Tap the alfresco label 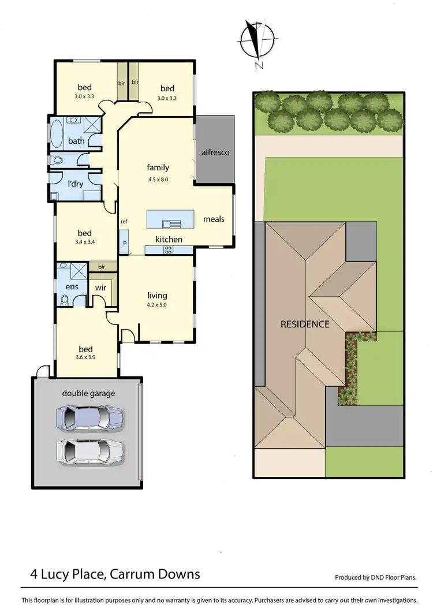coord(215,152)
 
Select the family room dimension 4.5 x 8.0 coord(158,179)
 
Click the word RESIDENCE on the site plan coord(305,324)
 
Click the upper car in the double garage coord(89,417)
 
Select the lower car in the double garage coord(89,451)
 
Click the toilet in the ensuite coord(65,300)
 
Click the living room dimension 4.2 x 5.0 coord(156,305)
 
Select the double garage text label coord(88,393)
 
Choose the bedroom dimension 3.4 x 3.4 coord(85,242)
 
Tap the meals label coord(214,219)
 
